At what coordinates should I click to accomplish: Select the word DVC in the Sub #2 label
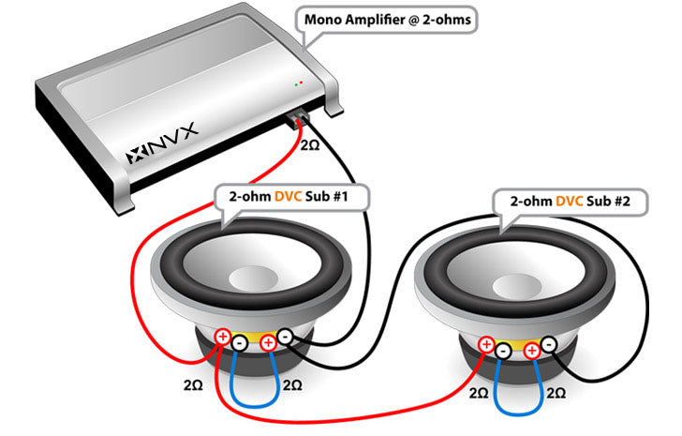(x=571, y=201)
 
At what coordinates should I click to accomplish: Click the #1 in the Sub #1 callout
(x=348, y=199)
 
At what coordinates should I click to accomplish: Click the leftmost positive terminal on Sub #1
(x=223, y=337)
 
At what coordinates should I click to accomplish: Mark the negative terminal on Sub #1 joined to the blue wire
(x=240, y=343)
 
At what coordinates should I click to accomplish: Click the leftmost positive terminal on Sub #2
(x=486, y=345)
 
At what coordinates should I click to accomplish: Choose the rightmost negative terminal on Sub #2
(x=548, y=345)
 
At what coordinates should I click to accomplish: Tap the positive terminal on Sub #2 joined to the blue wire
(x=531, y=352)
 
